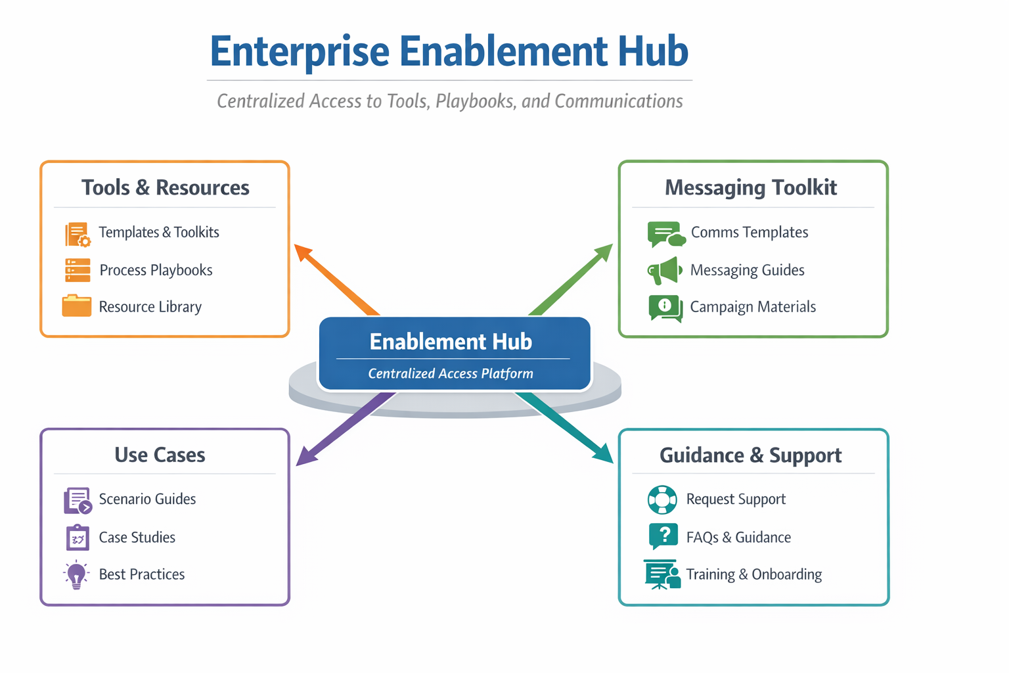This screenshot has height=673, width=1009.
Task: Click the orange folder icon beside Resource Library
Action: [x=77, y=306]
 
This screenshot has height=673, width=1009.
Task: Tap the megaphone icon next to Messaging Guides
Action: [x=664, y=270]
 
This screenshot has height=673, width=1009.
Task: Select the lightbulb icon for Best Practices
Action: [x=77, y=574]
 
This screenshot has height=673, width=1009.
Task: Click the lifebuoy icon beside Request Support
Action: [x=662, y=499]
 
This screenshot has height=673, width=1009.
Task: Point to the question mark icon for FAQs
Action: [x=663, y=536]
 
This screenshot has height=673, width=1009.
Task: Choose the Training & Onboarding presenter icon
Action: [x=662, y=574]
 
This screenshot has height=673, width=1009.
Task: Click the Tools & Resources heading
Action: [x=165, y=188]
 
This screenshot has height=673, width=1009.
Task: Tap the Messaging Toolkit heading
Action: [x=751, y=188]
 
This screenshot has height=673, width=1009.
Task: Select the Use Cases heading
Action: [x=160, y=455]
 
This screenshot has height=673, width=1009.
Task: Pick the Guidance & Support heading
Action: [x=750, y=455]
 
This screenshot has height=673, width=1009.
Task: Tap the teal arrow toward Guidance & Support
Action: [x=565, y=427]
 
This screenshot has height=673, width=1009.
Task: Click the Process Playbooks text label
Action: [x=156, y=270]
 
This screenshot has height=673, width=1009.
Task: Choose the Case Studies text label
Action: [x=137, y=538]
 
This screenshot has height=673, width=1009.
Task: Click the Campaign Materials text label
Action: [x=753, y=307]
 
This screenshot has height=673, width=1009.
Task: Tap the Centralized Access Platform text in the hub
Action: [x=451, y=374]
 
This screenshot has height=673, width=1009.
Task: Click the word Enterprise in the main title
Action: [x=300, y=52]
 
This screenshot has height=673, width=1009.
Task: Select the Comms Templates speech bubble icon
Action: [x=665, y=234]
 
